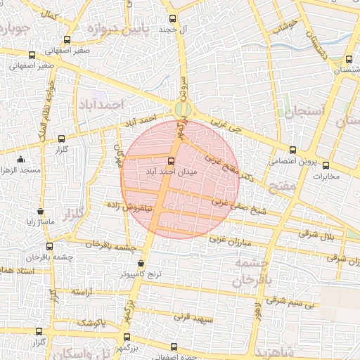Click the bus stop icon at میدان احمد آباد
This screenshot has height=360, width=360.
pos(172,160)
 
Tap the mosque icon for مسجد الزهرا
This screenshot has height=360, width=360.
pos(20,160)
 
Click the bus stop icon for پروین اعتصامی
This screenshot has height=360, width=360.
pos(293,150)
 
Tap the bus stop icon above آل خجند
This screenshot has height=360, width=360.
pos(173,18)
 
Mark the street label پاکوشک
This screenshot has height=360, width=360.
pos(91,323)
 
